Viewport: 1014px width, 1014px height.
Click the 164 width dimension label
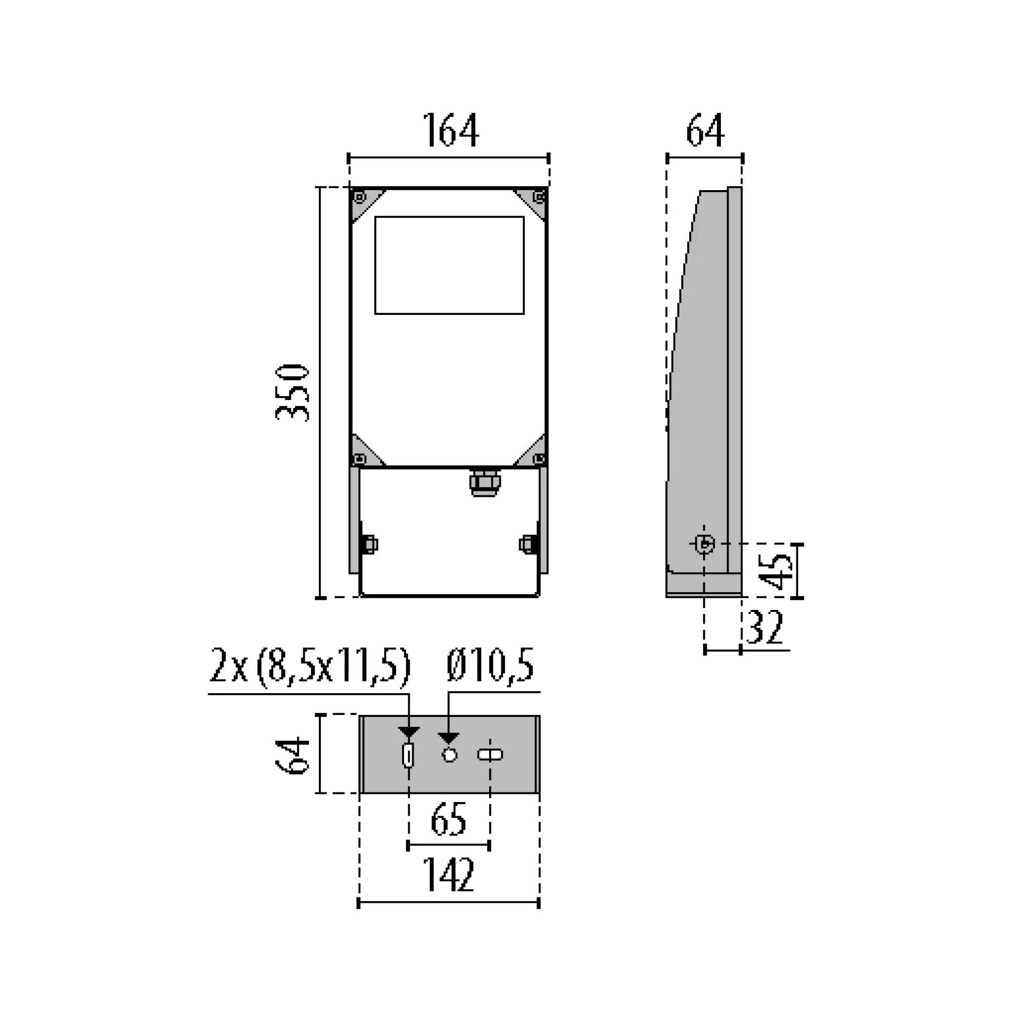(x=450, y=130)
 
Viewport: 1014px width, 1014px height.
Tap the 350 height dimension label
(x=293, y=392)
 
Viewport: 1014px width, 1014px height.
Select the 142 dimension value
(x=448, y=875)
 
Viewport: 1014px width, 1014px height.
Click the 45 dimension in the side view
(x=776, y=571)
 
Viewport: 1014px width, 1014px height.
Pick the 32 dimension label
(x=765, y=627)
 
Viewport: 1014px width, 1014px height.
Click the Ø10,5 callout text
(x=490, y=665)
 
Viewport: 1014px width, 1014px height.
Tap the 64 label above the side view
(x=705, y=130)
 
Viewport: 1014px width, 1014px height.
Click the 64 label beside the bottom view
(x=293, y=755)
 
